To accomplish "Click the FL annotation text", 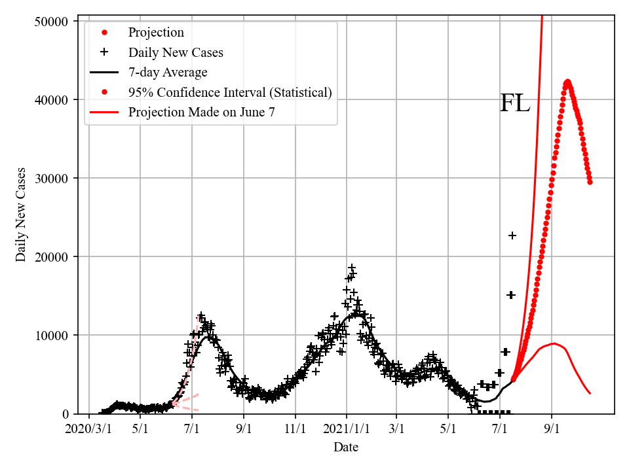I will tap(515, 103).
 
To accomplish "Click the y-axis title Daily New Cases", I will tap(21, 215).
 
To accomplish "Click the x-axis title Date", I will tap(345, 447).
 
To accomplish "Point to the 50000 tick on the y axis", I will tap(51, 21).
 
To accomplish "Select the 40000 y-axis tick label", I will tap(51, 99).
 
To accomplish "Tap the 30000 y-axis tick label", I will tap(51, 178).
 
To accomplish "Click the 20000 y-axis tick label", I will tap(51, 256).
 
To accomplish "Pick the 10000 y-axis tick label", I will tap(51, 335).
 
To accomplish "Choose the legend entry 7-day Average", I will tap(168, 72).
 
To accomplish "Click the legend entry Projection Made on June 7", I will tap(201, 112).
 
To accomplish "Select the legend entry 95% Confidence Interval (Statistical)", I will tap(229, 92).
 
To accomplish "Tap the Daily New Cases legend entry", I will tap(176, 52).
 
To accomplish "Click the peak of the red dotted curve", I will tap(567, 82).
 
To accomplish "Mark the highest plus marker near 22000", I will tap(512, 235).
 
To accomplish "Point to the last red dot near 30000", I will tap(590, 182).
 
